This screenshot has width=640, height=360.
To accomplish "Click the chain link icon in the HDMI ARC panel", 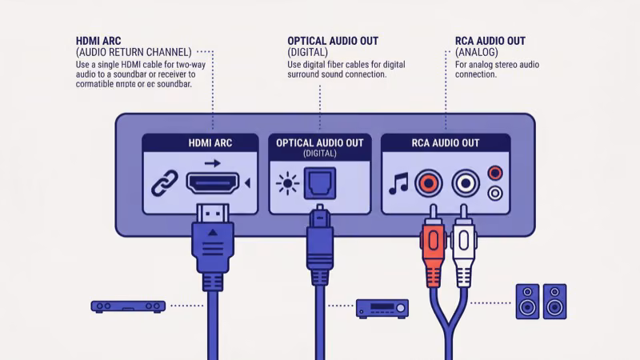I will (x=163, y=183).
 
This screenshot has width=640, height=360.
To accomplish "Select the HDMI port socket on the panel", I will (x=213, y=184).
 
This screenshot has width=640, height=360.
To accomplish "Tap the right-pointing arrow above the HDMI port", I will (x=212, y=163).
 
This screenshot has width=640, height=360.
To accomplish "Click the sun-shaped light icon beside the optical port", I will (x=286, y=183).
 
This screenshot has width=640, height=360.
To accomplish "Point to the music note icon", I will (x=398, y=184).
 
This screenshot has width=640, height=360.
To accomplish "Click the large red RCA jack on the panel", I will (x=429, y=184).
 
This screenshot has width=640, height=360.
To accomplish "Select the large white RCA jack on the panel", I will (x=464, y=184).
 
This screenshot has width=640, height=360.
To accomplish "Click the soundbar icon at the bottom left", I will (x=128, y=306).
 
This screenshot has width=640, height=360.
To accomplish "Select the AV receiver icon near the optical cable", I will (x=382, y=307).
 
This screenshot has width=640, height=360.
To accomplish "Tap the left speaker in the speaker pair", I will (x=526, y=302).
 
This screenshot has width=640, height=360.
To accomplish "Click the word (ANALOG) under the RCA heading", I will (x=478, y=52).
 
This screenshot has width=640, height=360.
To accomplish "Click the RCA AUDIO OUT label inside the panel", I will (x=446, y=142).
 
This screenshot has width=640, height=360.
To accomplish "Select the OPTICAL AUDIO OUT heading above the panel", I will (x=333, y=41).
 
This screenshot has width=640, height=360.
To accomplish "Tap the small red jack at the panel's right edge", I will (x=495, y=172).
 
